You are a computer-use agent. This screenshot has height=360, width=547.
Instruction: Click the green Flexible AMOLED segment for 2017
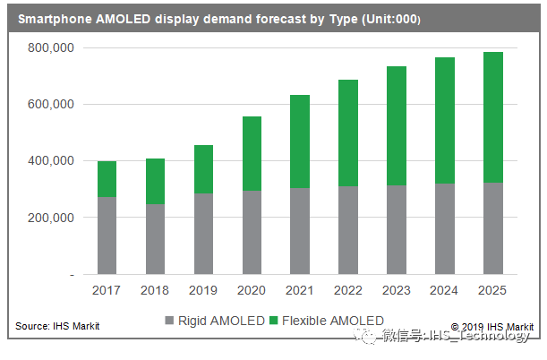click(107, 179)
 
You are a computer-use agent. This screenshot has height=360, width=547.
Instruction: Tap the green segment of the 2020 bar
click(251, 153)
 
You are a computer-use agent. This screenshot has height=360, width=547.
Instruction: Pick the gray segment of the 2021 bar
click(299, 231)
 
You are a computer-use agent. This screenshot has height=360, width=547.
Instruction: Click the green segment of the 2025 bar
click(492, 117)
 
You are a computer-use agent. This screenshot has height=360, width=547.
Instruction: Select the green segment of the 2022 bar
click(347, 133)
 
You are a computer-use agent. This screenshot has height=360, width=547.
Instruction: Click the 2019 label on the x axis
click(203, 291)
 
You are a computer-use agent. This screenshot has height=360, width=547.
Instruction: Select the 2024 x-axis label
click(444, 291)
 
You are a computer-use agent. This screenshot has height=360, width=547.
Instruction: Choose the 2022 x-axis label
click(347, 291)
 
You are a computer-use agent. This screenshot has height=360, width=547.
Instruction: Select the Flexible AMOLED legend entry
click(331, 320)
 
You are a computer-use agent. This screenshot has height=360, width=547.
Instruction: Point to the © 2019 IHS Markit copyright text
click(491, 326)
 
